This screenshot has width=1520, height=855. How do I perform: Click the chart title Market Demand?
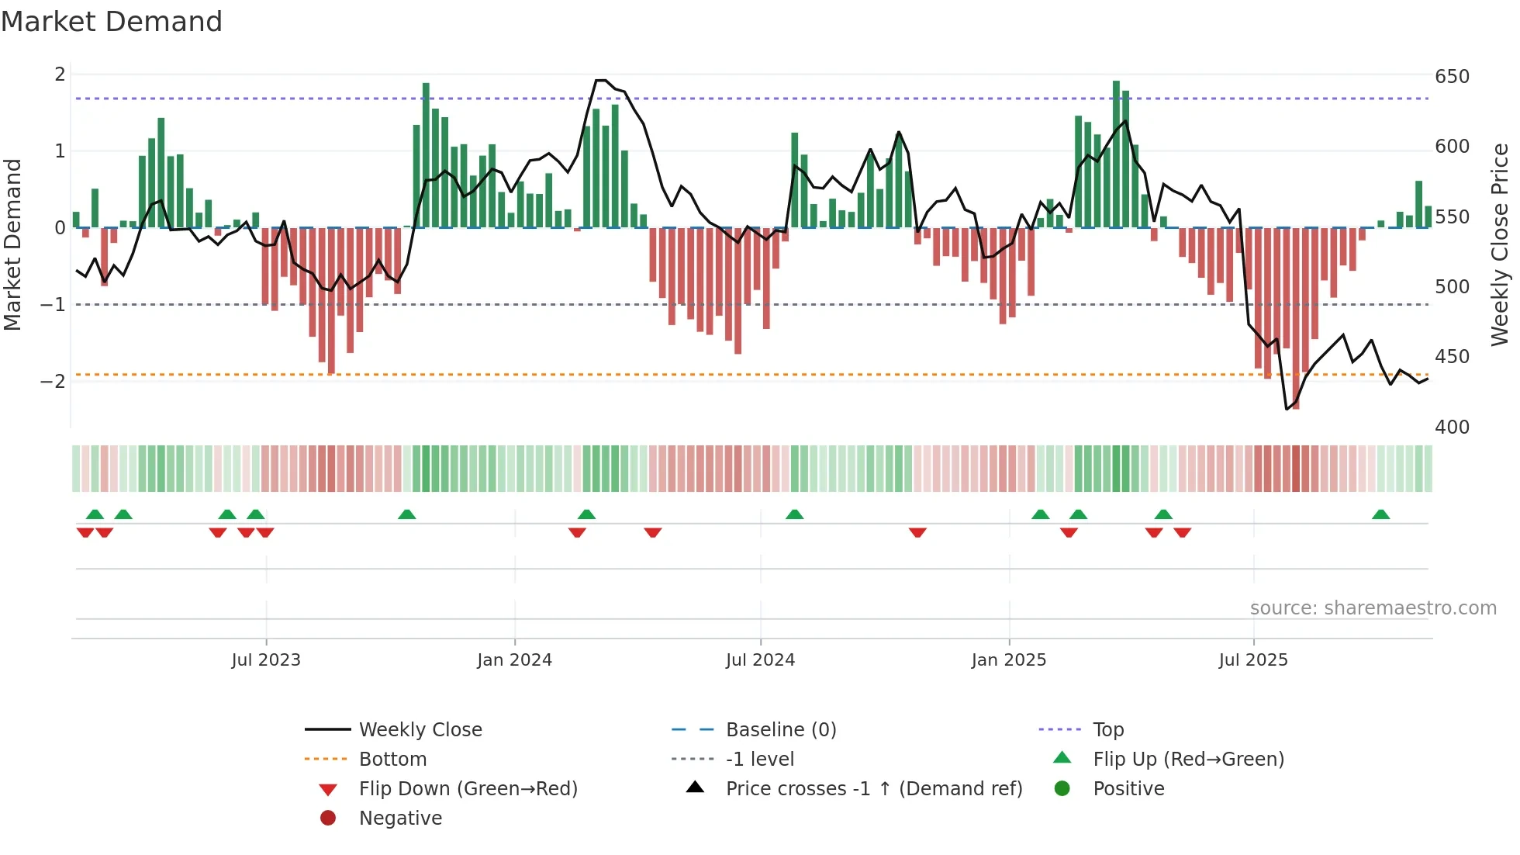tap(112, 22)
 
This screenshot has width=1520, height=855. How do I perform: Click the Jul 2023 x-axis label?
tap(265, 660)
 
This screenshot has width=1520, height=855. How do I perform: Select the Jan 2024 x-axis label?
tap(514, 660)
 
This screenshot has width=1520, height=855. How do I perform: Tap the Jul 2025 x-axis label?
tap(1252, 660)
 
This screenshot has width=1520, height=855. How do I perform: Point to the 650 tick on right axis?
tap(1452, 77)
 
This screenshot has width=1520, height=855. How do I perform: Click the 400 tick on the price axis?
tap(1452, 427)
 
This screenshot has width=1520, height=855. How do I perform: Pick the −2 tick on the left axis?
tap(53, 381)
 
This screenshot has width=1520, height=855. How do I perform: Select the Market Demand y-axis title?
tap(13, 244)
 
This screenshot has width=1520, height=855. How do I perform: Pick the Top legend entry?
tap(1107, 730)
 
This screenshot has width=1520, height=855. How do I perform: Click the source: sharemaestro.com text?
tap(1373, 608)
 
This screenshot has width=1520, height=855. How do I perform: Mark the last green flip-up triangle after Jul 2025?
tap(1380, 514)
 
